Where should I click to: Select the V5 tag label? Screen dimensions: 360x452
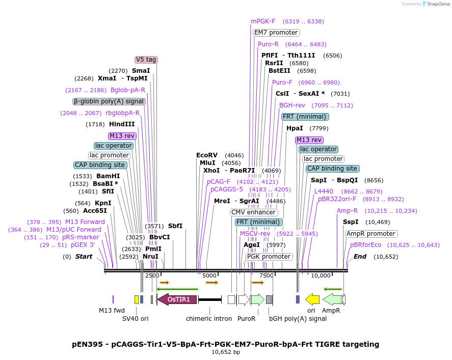[146, 60]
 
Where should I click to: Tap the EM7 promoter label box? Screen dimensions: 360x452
[276, 33]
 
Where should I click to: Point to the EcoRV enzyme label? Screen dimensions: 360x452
[207, 155]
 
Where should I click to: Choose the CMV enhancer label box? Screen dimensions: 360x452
[253, 212]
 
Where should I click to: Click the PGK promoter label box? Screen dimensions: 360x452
[269, 257]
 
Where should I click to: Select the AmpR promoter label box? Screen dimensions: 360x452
[371, 234]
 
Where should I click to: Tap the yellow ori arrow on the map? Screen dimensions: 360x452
[312, 299]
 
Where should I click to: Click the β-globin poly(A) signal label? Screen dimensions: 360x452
[109, 101]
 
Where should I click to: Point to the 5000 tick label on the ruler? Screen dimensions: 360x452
[210, 275]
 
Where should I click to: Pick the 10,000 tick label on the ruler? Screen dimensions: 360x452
[321, 275]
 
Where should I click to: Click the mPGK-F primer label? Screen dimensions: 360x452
[263, 21]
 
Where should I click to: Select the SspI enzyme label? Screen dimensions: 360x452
[351, 222]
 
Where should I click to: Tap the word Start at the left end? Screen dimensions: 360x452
[84, 257]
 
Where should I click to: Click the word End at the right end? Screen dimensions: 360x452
[360, 257]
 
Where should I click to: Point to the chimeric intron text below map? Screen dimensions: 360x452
[209, 319]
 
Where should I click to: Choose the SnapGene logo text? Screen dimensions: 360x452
[438, 4]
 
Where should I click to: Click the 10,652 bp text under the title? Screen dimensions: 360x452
[226, 352]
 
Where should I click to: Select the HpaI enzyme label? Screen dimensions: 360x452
[295, 128]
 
